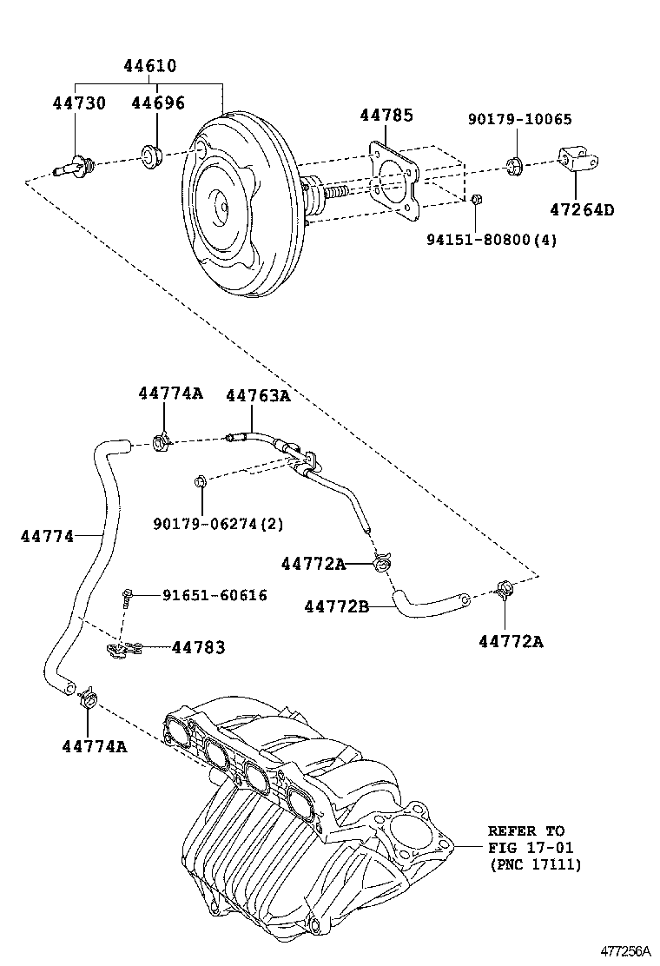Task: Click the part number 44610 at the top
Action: coord(148,66)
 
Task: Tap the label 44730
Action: coord(79,103)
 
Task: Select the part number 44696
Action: coord(158,103)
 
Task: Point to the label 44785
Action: coord(386,116)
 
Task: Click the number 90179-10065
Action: coord(520,120)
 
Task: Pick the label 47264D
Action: coord(581,209)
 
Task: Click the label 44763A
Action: coord(257,395)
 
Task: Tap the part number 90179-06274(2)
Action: coord(218,524)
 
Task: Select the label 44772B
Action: coord(336,606)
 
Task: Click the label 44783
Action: coord(198,647)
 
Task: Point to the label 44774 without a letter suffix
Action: coord(47,536)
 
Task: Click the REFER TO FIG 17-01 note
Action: coord(531,847)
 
